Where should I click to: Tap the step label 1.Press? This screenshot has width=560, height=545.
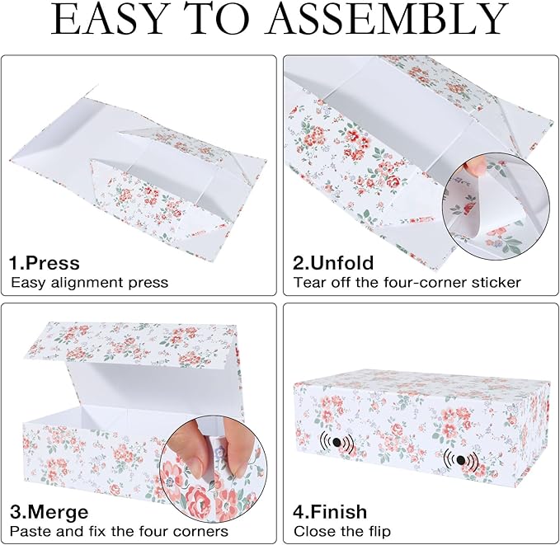pyautogui.click(x=45, y=264)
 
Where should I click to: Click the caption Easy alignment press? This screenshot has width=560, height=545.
pyautogui.click(x=89, y=283)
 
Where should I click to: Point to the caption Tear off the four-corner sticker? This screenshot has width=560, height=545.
pyautogui.click(x=407, y=283)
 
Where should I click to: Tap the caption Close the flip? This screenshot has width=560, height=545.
pyautogui.click(x=342, y=531)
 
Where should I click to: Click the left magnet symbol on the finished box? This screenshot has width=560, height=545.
pyautogui.click(x=336, y=443)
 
